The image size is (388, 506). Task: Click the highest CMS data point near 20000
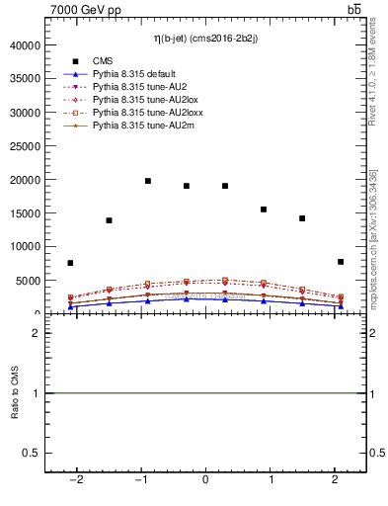[x=148, y=181]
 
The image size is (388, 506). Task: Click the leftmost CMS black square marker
[x=70, y=263]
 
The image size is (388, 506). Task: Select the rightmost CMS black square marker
[x=341, y=262]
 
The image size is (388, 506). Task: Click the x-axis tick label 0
[x=205, y=480]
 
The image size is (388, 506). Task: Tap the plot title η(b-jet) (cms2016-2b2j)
[x=205, y=39]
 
